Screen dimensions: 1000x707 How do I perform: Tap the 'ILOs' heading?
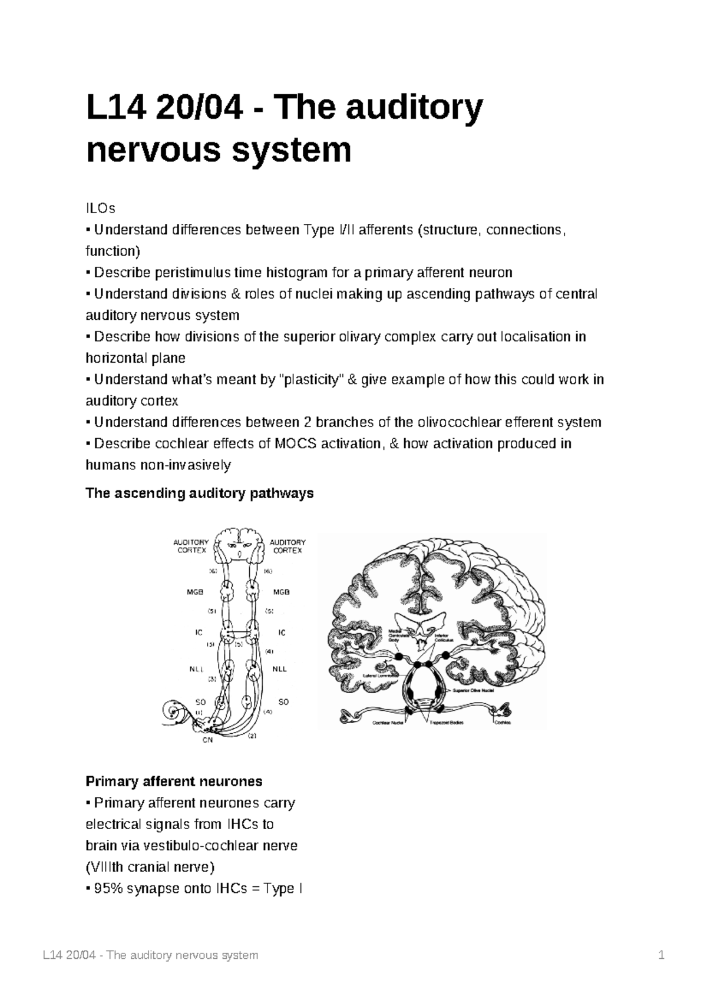[101, 208]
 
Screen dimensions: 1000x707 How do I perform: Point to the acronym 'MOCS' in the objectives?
[293, 443]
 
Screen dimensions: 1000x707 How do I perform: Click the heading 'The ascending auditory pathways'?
[199, 493]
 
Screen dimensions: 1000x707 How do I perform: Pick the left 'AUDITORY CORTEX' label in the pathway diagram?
[191, 546]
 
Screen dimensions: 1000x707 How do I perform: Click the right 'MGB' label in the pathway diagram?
[281, 592]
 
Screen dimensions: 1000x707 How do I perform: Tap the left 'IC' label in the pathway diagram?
[199, 632]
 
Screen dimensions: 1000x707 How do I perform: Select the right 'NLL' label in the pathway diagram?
[279, 669]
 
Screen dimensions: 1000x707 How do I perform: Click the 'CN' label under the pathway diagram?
[207, 740]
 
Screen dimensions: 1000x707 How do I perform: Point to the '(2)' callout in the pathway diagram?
[253, 736]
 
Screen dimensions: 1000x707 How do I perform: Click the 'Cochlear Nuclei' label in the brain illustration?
[386, 722]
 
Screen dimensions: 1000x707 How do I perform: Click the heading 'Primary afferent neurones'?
[174, 782]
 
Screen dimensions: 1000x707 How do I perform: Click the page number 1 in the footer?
[662, 955]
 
